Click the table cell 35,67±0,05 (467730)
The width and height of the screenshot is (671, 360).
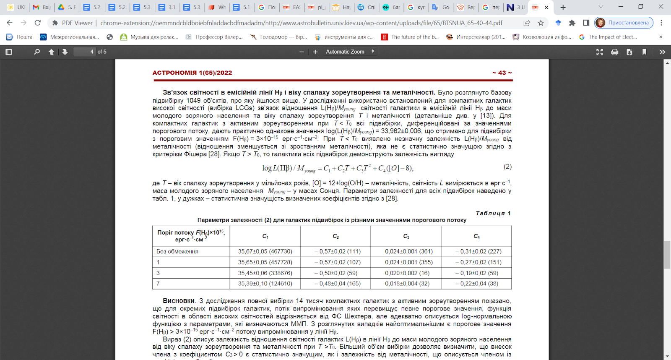(265, 251)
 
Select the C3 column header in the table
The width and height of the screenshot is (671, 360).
(406, 236)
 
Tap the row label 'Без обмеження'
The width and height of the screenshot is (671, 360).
(177, 251)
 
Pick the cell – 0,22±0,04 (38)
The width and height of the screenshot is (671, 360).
(476, 284)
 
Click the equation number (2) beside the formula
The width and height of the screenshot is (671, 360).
(507, 167)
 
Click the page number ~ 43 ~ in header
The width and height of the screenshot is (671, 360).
(502, 73)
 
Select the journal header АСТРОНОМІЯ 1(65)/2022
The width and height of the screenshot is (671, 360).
(192, 73)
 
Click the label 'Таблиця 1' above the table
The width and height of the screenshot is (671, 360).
(493, 213)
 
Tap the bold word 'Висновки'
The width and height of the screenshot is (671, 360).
(179, 301)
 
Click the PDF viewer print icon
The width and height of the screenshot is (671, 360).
(614, 52)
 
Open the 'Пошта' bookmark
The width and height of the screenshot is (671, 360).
(20, 37)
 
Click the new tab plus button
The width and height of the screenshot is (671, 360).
(563, 7)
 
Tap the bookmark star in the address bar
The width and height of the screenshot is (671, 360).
(541, 23)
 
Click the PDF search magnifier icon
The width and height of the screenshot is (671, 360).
(37, 52)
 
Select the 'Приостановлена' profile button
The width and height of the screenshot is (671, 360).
(624, 23)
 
